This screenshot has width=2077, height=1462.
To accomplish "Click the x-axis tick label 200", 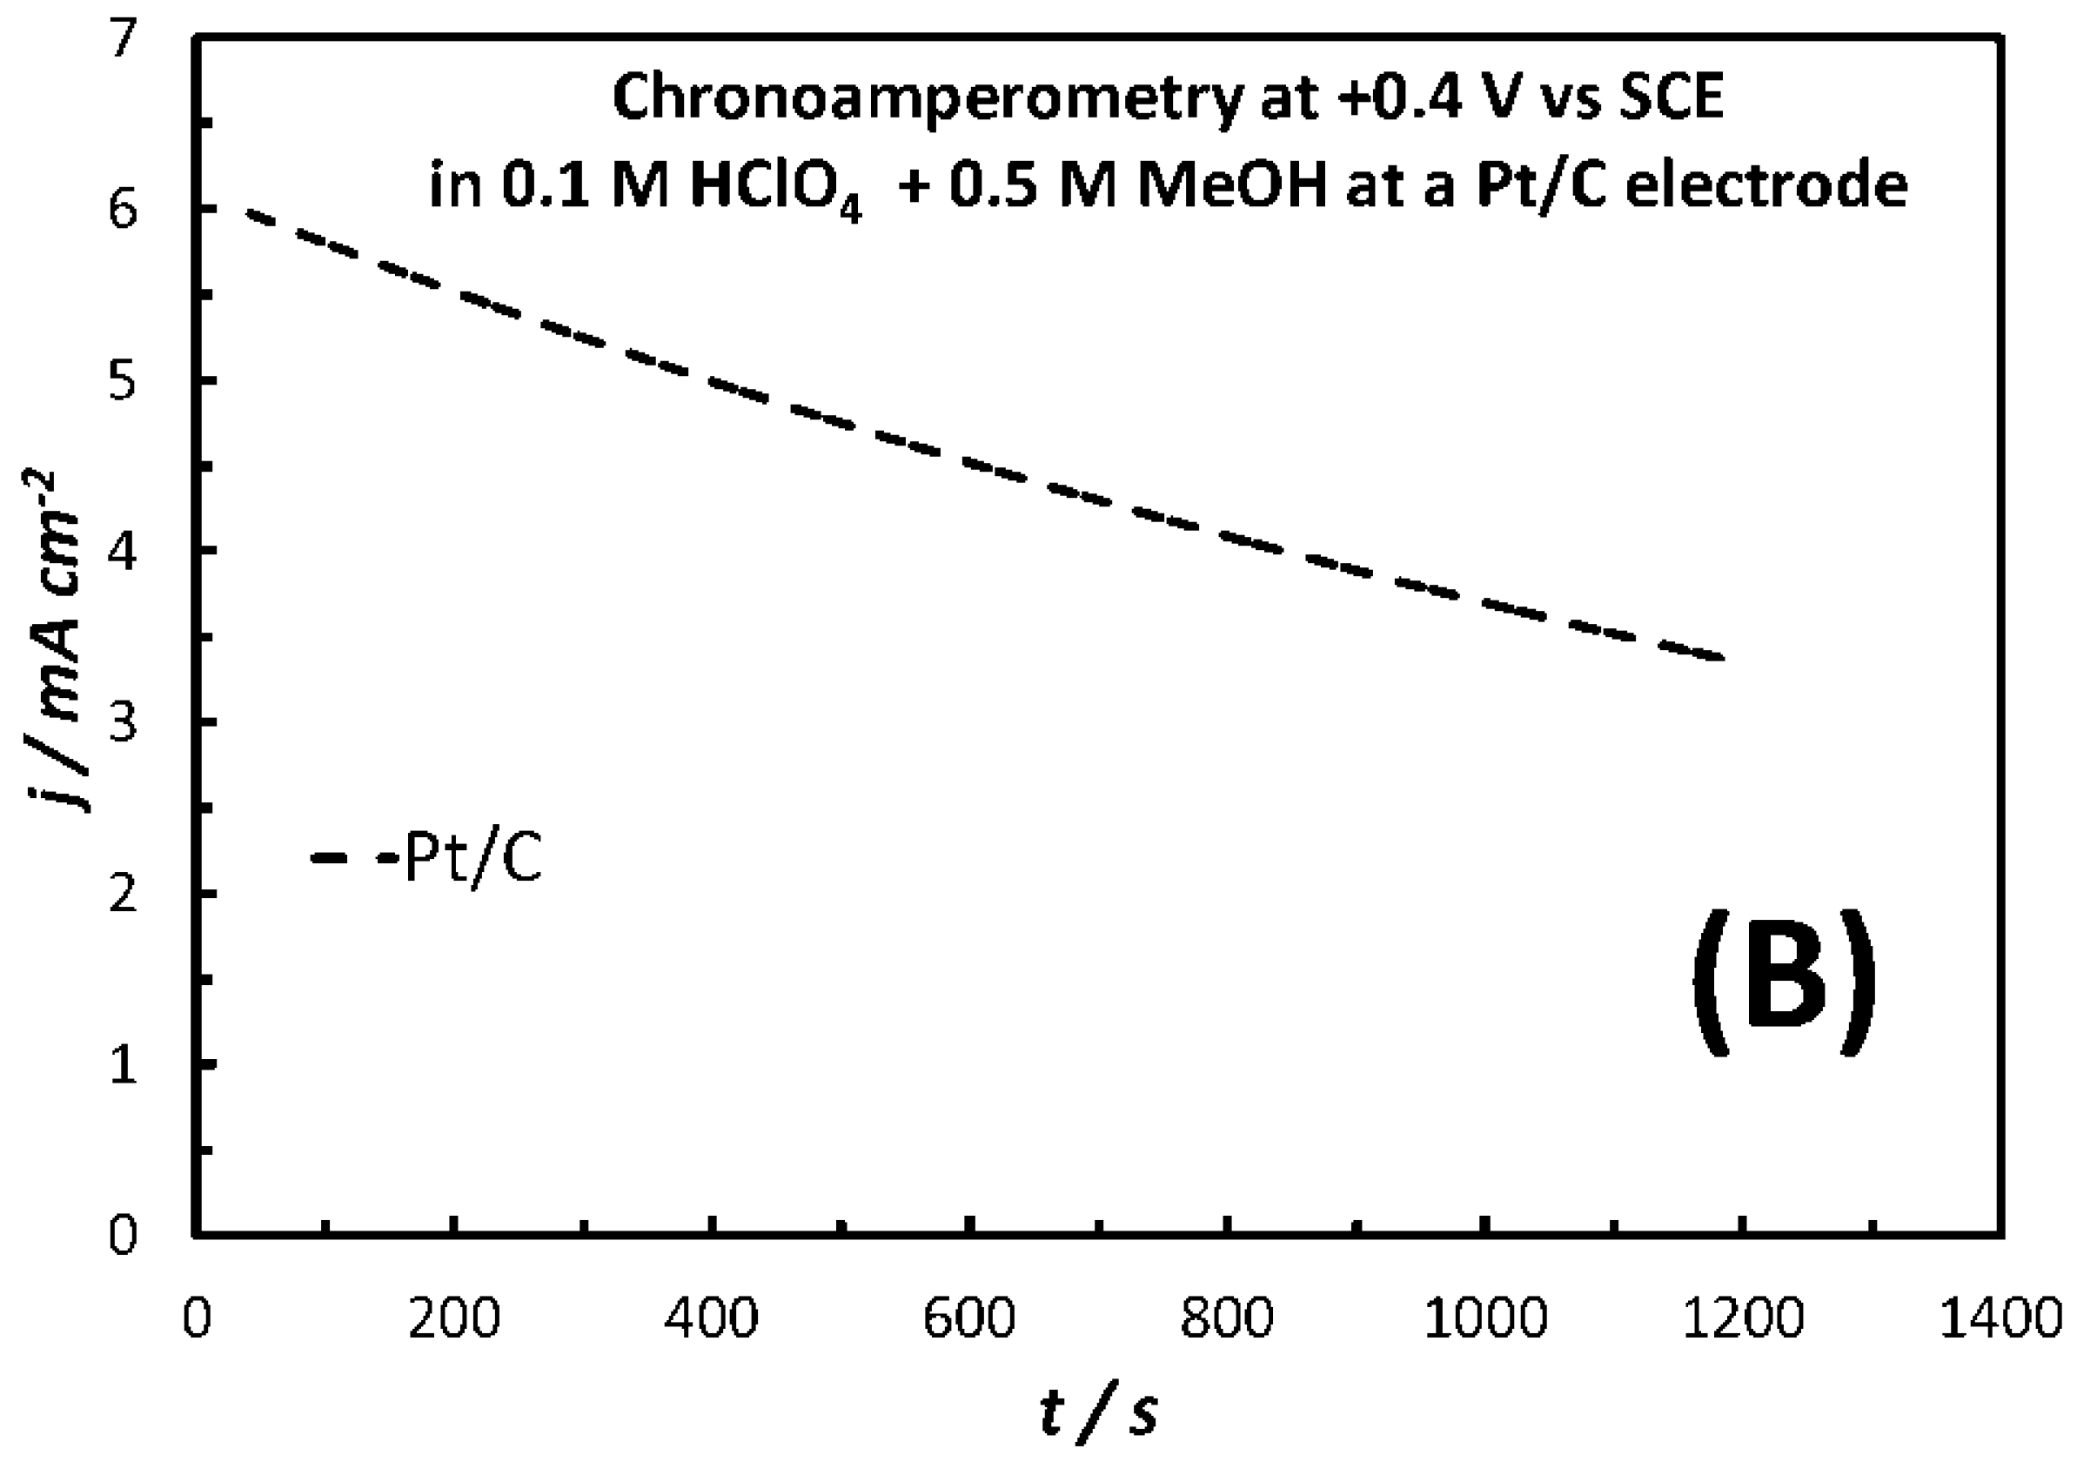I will [x=454, y=1320].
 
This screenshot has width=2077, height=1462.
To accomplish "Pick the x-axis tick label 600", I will [x=968, y=1320].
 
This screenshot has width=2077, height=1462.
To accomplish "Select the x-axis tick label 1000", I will [x=1485, y=1320].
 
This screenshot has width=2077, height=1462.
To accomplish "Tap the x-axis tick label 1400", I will [x=2001, y=1320].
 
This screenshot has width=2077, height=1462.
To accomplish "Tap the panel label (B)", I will [x=1782, y=983].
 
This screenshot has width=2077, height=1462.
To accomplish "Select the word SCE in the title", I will [x=1670, y=97].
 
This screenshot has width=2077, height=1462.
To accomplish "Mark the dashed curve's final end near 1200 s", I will [x=1721, y=657].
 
